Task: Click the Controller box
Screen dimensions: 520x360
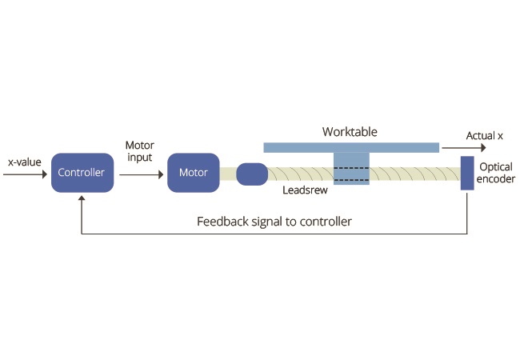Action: pyautogui.click(x=82, y=172)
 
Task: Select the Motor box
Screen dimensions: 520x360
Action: pyautogui.click(x=194, y=172)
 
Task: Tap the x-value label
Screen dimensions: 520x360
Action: pyautogui.click(x=25, y=162)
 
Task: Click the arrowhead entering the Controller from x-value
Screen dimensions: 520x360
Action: pyautogui.click(x=45, y=174)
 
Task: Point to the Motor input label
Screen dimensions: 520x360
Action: pyautogui.click(x=140, y=151)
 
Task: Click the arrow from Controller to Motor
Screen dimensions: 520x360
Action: pyautogui.click(x=142, y=174)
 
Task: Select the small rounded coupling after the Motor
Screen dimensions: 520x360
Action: pyautogui.click(x=252, y=174)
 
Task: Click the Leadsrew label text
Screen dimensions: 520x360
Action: pyautogui.click(x=305, y=190)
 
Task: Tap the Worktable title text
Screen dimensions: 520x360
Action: pyautogui.click(x=350, y=132)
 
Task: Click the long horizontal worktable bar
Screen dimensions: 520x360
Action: pyautogui.click(x=351, y=147)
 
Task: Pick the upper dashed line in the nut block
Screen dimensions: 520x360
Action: pyautogui.click(x=351, y=168)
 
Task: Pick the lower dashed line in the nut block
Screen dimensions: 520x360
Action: pyautogui.click(x=351, y=180)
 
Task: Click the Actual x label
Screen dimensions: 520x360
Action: pyautogui.click(x=485, y=135)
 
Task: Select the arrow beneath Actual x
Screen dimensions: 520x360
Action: pyautogui.click(x=464, y=148)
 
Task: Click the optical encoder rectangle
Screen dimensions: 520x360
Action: pyautogui.click(x=467, y=173)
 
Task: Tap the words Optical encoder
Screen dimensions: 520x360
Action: pyautogui.click(x=496, y=173)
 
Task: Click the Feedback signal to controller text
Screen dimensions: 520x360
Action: pyautogui.click(x=274, y=222)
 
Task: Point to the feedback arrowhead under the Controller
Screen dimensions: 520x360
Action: pyautogui.click(x=82, y=198)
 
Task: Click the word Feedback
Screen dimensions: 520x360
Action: pyautogui.click(x=222, y=221)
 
